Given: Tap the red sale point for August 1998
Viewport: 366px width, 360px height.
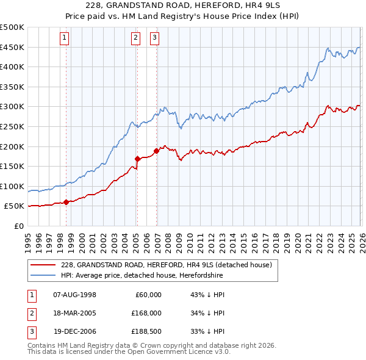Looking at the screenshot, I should (x=66, y=202).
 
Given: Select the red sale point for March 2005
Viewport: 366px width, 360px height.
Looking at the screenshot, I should (x=137, y=159).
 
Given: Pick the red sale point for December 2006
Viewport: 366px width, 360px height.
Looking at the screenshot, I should (x=157, y=151).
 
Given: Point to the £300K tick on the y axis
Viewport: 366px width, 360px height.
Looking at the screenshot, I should (x=12, y=107).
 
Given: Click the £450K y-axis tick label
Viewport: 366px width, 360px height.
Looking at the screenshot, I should (x=12, y=47).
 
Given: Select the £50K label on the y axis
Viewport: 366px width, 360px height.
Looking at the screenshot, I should (x=15, y=206).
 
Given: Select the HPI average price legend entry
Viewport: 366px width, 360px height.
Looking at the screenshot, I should (x=142, y=275).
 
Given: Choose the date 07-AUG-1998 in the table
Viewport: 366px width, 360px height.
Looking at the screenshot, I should (x=74, y=294).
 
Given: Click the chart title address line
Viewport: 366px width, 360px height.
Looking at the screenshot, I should (x=182, y=7).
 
